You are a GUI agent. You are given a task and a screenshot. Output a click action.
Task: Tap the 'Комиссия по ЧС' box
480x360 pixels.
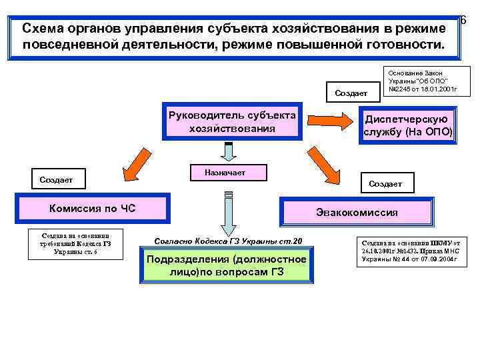93,209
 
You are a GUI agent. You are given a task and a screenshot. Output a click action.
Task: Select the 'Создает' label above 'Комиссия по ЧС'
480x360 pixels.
57,180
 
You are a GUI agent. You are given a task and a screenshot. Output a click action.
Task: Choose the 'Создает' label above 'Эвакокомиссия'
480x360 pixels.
385,183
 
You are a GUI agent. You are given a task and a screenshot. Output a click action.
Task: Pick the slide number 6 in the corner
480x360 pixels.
463,21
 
